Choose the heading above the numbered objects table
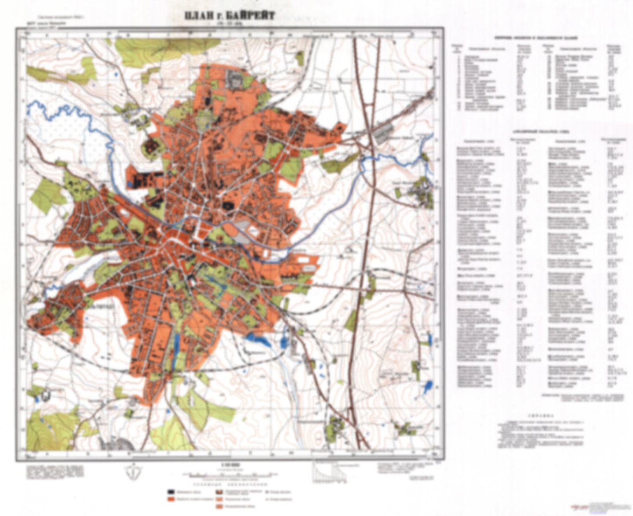(542, 39)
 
